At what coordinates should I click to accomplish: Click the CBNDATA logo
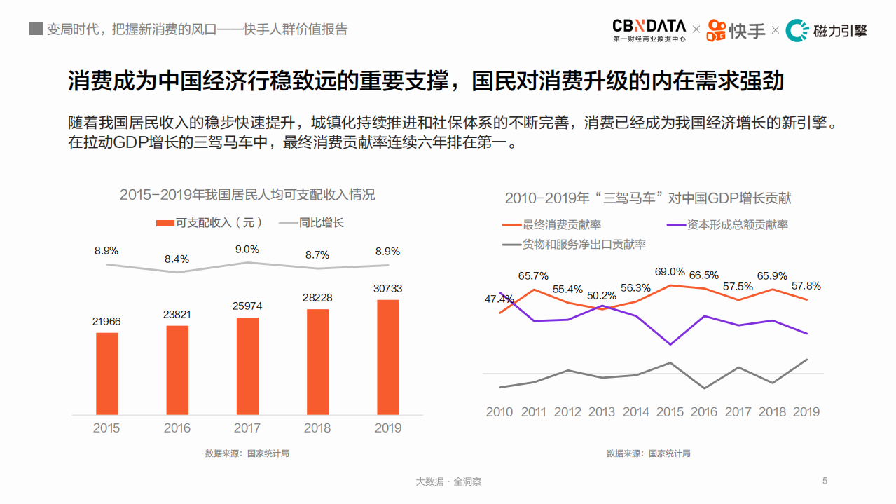[649, 29]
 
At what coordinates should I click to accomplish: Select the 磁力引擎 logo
[826, 30]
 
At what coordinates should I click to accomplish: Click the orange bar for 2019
[387, 357]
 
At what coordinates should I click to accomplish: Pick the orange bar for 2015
[106, 373]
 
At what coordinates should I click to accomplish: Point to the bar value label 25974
[247, 306]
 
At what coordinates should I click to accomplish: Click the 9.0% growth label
[247, 249]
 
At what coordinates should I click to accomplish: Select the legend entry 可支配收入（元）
[209, 223]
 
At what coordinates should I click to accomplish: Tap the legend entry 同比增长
[312, 223]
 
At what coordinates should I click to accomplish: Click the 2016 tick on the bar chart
[177, 428]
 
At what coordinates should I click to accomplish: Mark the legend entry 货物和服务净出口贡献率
[574, 245]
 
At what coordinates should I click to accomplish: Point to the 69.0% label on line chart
[670, 272]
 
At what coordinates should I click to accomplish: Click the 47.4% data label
[499, 299]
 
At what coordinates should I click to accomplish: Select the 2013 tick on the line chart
[602, 411]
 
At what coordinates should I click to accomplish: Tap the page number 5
[825, 481]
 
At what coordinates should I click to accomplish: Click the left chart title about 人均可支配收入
[247, 195]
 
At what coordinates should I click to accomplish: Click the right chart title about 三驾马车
[648, 198]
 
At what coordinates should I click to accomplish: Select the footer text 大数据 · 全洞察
[448, 482]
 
